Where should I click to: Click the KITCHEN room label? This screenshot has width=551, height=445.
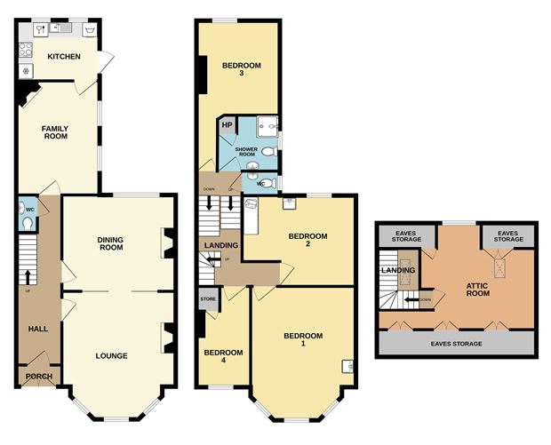64,57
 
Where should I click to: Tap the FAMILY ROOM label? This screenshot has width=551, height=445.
55,133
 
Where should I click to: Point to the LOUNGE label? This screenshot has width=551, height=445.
111,356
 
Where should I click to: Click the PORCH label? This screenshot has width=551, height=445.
38,377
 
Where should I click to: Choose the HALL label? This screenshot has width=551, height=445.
37,329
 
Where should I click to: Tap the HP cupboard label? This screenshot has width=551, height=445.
227,125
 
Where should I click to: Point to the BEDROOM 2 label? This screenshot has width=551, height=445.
307,240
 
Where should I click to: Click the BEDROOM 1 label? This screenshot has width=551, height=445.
301,338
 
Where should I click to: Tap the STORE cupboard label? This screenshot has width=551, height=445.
208,299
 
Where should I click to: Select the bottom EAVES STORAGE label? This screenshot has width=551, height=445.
457,343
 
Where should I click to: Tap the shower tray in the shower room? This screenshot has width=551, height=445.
267,127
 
